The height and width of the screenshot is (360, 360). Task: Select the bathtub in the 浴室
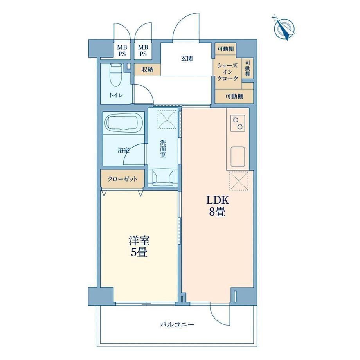coord(123,124)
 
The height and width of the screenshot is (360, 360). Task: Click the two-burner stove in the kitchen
coord(238,123)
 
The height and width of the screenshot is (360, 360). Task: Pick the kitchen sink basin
coord(238,157)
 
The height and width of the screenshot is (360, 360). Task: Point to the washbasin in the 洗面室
coord(163,178)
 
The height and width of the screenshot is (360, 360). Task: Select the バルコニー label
coord(177,324)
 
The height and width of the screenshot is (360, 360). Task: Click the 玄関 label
coord(187,59)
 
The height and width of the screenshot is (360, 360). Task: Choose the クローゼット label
coord(122,179)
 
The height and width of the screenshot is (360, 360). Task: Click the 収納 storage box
coord(148,70)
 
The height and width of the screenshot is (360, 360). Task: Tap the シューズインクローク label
coord(228,72)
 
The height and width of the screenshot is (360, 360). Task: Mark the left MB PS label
coord(122,51)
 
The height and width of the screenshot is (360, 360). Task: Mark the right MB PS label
coord(143,51)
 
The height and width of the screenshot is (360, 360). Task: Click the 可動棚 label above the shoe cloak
coord(226,49)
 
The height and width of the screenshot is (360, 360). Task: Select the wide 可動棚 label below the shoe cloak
coord(234,96)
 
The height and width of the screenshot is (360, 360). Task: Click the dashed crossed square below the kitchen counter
coord(239,181)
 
